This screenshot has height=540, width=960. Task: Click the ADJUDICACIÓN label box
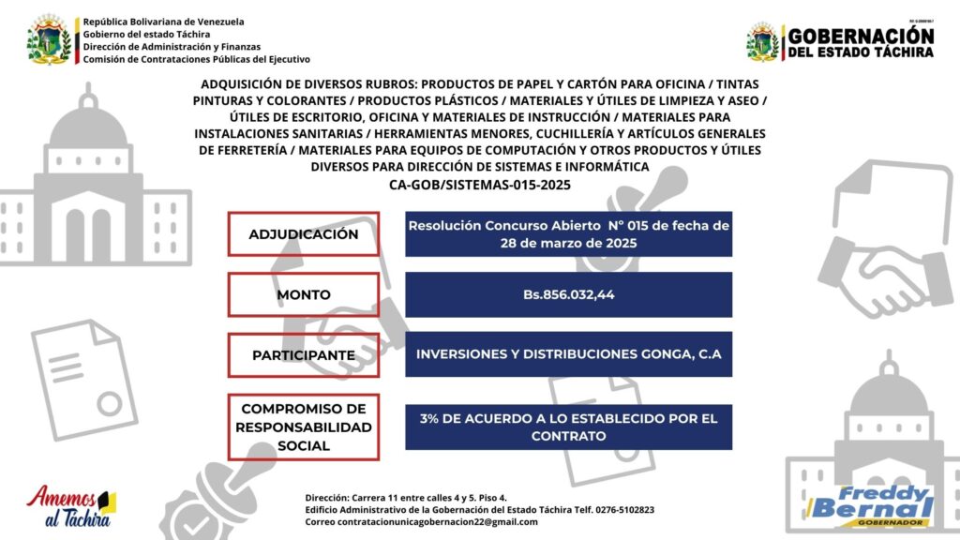coord(303,233)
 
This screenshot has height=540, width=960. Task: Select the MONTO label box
coord(303,294)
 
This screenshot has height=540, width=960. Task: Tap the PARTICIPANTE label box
coord(303,355)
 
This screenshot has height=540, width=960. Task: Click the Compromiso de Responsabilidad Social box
coord(303,427)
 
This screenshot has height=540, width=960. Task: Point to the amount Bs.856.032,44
coord(568,294)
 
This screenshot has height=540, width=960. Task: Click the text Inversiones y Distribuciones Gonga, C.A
coord(568,354)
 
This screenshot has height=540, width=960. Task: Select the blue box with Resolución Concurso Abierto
coord(568,233)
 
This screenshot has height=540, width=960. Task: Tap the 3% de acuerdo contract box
coord(568,427)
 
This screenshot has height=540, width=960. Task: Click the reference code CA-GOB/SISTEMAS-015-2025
coord(479,185)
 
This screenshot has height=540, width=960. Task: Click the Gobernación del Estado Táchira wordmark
coord(861,42)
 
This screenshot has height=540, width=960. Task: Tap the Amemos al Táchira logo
coord(71,507)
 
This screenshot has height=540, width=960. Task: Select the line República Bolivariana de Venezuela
coord(163,21)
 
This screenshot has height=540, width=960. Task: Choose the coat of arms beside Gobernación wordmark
coord(762,42)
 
